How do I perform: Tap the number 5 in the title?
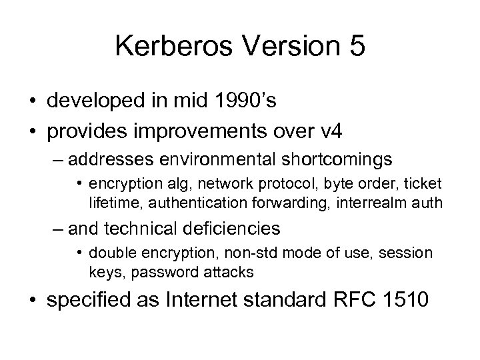[354, 47]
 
